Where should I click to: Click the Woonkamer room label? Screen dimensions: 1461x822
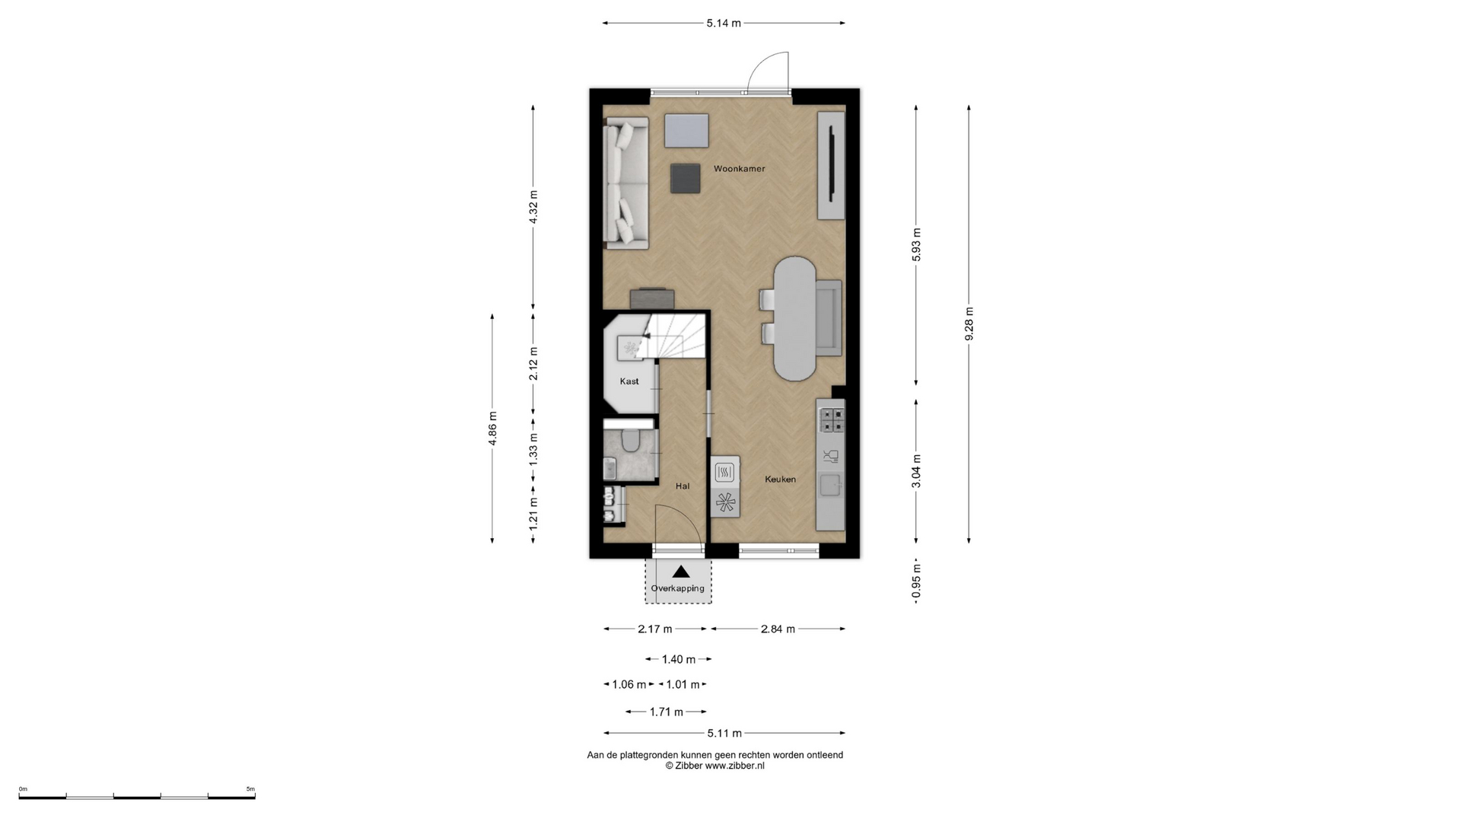739,169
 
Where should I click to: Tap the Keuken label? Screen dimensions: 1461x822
780,479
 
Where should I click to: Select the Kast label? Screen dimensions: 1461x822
629,381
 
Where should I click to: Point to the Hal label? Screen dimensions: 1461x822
683,486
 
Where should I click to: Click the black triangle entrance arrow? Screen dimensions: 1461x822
681,572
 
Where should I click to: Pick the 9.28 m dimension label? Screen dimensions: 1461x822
969,323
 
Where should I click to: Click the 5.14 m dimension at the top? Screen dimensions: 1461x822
724,23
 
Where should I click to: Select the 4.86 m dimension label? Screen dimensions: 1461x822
492,428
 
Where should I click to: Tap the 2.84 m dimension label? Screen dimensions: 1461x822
778,629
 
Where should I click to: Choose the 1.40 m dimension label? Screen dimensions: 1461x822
679,659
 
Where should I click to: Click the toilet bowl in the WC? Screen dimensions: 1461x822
630,440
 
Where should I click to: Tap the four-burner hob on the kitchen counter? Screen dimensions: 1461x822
831,420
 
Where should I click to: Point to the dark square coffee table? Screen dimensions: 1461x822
686,178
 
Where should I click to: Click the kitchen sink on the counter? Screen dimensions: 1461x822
830,485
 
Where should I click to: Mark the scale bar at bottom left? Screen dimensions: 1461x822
137,796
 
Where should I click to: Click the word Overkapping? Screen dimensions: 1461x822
677,588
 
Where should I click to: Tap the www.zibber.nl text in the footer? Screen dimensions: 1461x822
735,766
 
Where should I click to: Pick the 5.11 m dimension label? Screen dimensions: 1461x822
724,733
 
